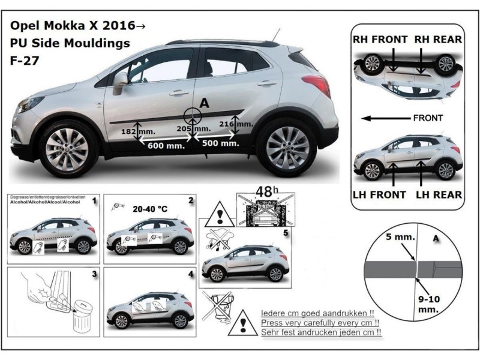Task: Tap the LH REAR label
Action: [439, 194]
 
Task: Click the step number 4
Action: [190, 274]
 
